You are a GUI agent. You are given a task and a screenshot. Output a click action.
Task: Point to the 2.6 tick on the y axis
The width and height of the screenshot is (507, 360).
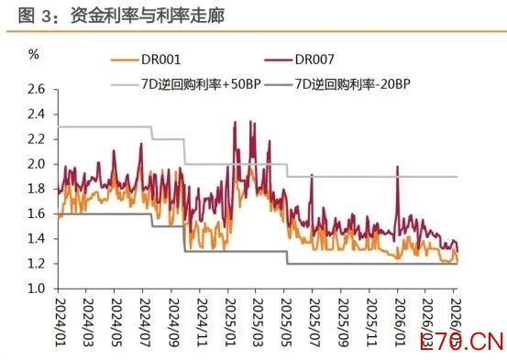pos(37,90)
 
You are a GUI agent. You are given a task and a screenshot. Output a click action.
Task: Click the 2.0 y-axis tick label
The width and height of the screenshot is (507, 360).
pos(37,164)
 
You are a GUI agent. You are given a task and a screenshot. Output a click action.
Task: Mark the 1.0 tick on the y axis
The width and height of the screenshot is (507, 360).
pos(37,289)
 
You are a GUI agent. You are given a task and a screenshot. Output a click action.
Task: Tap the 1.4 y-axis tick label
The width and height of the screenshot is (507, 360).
pos(37,239)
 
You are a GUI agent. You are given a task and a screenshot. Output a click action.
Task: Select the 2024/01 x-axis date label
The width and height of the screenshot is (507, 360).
pos(61,322)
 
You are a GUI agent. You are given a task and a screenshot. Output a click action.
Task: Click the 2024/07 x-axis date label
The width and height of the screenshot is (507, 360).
pos(145,322)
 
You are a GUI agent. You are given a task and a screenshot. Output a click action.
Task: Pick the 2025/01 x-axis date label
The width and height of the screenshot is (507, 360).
pos(230,322)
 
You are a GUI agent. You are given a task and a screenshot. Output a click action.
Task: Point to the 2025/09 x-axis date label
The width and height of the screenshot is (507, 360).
pos(344,322)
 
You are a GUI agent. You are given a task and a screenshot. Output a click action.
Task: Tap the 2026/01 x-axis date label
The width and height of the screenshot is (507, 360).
pos(400,322)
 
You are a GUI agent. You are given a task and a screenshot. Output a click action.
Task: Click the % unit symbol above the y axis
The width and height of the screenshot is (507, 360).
pos(34,54)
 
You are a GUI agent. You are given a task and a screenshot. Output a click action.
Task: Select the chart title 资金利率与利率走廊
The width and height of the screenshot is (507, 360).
pos(148,16)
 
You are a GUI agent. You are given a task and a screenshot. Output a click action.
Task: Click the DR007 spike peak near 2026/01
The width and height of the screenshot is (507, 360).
pos(397,167)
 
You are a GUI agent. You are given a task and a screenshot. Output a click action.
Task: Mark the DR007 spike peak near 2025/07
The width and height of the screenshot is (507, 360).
pos(312,175)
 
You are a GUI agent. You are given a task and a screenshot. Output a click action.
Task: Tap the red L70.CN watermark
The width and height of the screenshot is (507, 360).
pos(462,342)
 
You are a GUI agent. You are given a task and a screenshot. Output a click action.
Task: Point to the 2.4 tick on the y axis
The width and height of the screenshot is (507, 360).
pos(37,115)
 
